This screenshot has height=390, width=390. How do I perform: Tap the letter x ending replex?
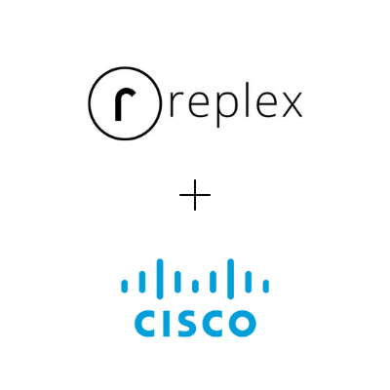tap(292, 104)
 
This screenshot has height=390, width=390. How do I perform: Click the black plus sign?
tap(195, 195)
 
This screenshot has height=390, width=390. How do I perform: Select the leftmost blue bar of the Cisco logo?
tap(124, 286)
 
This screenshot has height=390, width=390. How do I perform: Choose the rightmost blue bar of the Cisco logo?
tap(266, 286)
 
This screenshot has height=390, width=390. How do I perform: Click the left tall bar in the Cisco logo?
tap(160, 279)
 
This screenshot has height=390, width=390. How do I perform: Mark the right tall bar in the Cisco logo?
tap(230, 279)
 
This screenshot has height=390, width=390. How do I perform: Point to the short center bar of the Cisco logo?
tap(195, 286)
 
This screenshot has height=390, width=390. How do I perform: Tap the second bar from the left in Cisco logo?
tap(142, 281)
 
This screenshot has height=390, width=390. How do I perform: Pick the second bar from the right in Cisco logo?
tap(249, 281)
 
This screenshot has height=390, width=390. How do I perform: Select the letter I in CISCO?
tap(164, 324)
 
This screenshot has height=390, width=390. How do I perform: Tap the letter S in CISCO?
tap(183, 324)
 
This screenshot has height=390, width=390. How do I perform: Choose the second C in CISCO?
tap(209, 324)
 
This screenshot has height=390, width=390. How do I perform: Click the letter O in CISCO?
tap(240, 324)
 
